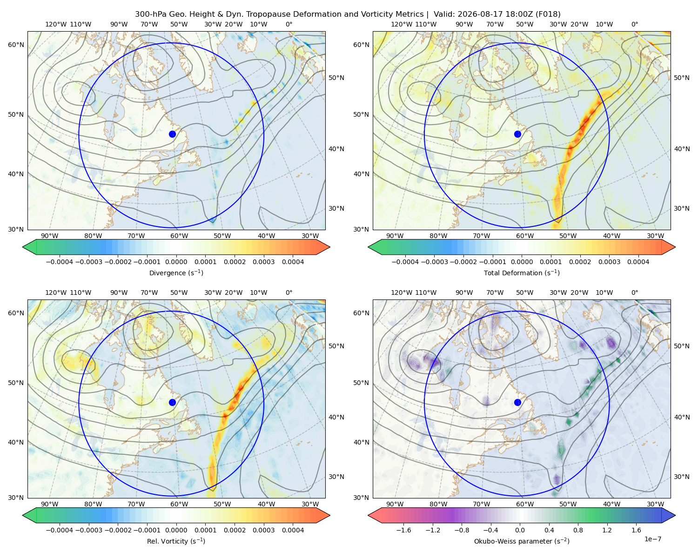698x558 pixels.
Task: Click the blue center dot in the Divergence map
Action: (x=172, y=134)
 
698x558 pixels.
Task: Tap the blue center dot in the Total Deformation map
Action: (x=517, y=134)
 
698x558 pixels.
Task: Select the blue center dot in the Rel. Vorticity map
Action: (x=172, y=402)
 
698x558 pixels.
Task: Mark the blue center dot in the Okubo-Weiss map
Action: (x=517, y=402)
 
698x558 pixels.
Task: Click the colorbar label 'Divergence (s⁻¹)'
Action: (x=176, y=272)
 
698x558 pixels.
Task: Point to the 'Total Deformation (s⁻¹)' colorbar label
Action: (x=522, y=272)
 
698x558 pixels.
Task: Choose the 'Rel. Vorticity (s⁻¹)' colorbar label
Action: (x=176, y=541)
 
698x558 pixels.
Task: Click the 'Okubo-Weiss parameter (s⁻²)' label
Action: (x=522, y=541)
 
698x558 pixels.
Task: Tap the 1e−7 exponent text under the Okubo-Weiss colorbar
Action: (x=652, y=539)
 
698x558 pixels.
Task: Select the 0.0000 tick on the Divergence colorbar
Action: (x=176, y=262)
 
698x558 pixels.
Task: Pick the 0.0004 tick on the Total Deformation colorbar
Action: (x=638, y=262)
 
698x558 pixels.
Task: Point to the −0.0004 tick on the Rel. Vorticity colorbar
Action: (x=60, y=530)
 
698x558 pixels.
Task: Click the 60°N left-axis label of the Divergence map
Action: (x=16, y=45)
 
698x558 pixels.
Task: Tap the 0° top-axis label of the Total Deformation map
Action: (x=634, y=24)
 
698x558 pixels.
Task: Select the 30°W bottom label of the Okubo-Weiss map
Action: (x=656, y=504)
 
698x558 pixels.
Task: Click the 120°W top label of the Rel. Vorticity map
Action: (x=56, y=292)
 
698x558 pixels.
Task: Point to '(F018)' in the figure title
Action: (x=548, y=14)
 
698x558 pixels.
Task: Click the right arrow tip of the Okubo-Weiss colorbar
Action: (x=675, y=515)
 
